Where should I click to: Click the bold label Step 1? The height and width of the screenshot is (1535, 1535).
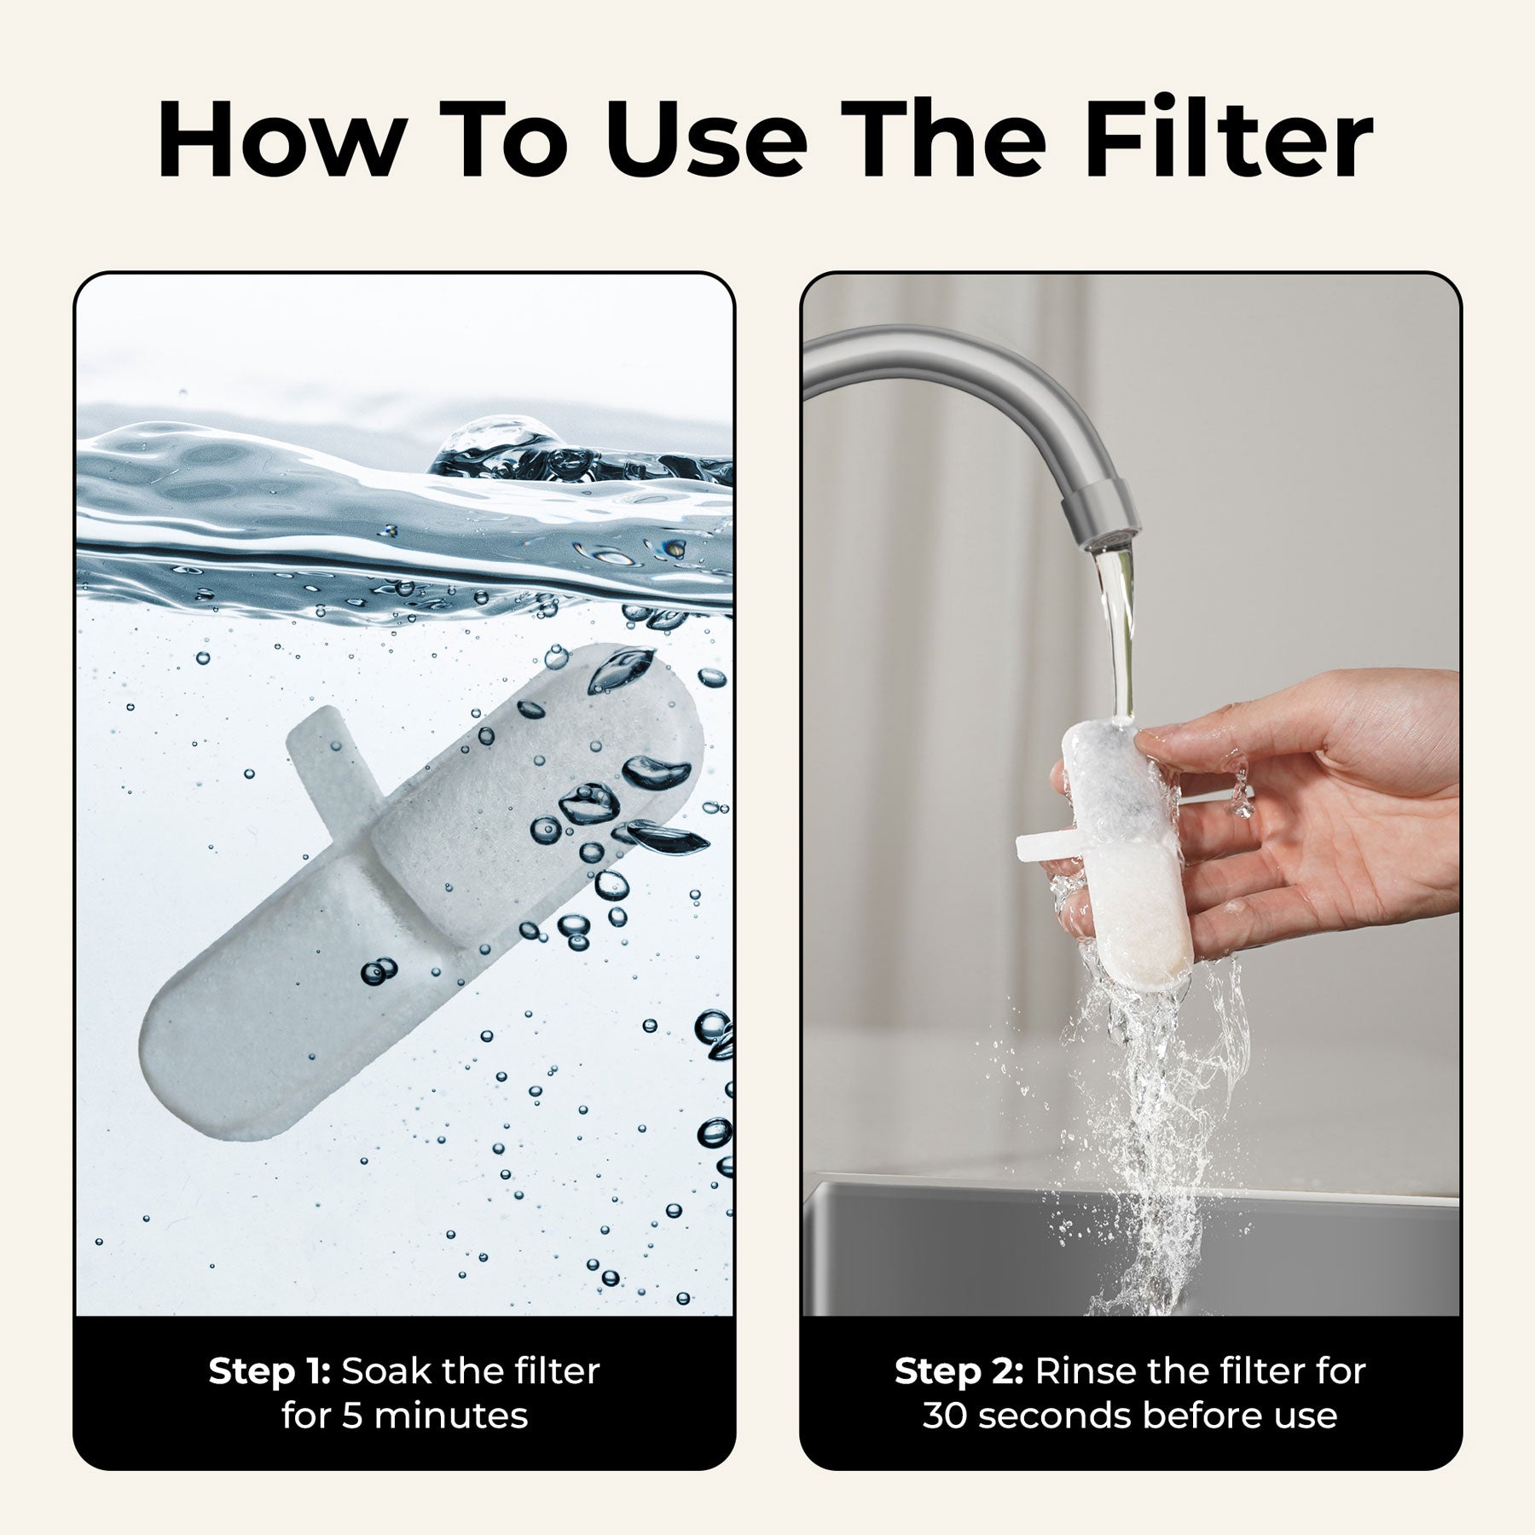[x=269, y=1371]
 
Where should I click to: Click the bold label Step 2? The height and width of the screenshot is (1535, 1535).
[x=959, y=1371]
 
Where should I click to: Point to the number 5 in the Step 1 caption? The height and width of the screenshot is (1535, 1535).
[x=352, y=1416]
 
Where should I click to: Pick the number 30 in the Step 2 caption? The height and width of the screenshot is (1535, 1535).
[x=946, y=1416]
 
